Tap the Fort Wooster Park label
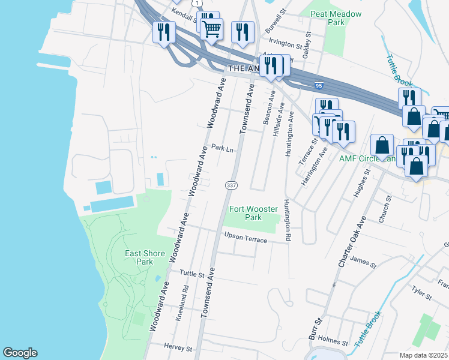pyautogui.click(x=253, y=213)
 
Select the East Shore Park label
pyautogui.click(x=145, y=257)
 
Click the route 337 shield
pyautogui.click(x=231, y=185)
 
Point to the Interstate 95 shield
pyautogui.click(x=318, y=86)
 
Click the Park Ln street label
pyautogui.click(x=222, y=148)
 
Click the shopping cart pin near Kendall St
pyautogui.click(x=211, y=28)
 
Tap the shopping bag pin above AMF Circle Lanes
pyautogui.click(x=382, y=145)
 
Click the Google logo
pyautogui.click(x=20, y=353)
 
